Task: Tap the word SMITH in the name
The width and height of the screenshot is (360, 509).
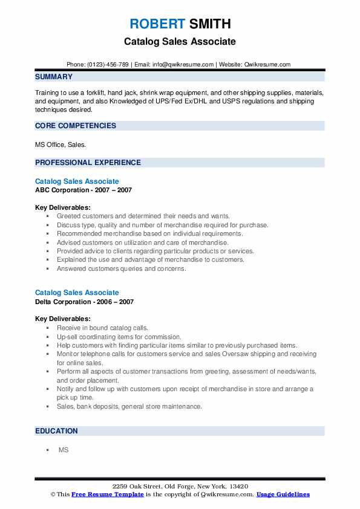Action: (209, 24)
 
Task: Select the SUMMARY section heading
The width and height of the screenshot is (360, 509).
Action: (54, 77)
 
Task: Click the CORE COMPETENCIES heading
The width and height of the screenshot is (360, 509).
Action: (76, 126)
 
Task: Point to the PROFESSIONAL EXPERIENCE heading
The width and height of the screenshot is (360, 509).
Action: (88, 162)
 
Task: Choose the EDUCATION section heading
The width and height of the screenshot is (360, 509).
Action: (56, 431)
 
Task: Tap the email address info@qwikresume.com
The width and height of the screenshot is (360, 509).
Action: (183, 65)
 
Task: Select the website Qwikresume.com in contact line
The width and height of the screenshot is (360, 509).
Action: (267, 65)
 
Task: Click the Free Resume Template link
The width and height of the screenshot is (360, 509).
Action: (107, 494)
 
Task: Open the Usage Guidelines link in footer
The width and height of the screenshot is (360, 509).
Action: (283, 494)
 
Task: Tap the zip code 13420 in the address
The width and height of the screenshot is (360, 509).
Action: (238, 487)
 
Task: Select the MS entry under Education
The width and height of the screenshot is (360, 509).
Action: (64, 450)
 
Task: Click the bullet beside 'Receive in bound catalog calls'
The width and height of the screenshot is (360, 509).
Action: (47, 328)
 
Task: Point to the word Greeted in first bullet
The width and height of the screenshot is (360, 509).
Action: (68, 216)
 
